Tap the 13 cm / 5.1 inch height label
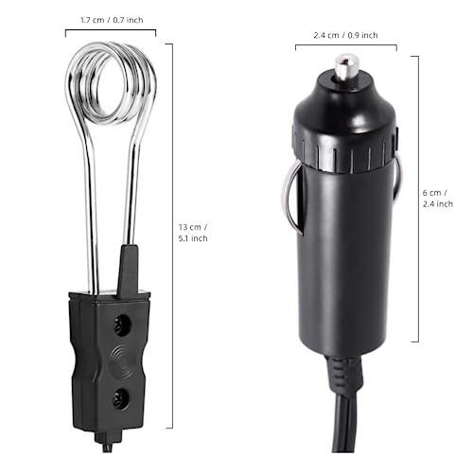coord(192,232)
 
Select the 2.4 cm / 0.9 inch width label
coord(344,36)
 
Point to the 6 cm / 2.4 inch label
coord(437,197)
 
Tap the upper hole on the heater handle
coord(121,326)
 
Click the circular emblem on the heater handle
coord(120,360)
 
